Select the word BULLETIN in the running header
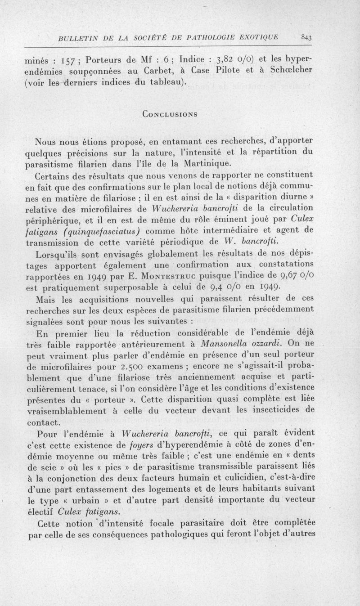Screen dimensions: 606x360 pyautogui.click(x=74, y=38)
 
